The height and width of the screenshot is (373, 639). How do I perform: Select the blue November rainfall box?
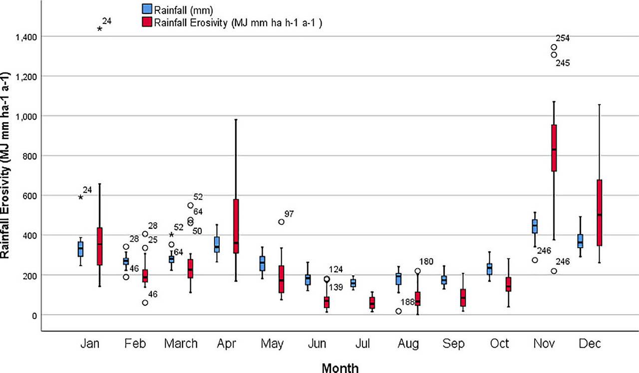click(535, 226)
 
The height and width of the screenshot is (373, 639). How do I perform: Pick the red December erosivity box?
click(599, 213)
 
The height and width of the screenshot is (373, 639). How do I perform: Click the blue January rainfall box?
click(80, 249)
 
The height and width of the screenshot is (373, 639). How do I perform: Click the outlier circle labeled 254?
click(554, 47)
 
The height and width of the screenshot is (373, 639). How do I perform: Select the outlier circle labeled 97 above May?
click(281, 222)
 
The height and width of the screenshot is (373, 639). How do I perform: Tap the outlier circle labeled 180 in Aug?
click(417, 271)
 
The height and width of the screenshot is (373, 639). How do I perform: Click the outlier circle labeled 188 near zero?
click(398, 311)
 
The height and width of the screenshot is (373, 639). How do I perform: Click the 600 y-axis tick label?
click(29, 195)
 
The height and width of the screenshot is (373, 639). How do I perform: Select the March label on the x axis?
click(181, 344)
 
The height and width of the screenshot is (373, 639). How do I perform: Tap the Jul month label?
click(362, 344)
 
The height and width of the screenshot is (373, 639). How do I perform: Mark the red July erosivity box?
click(372, 303)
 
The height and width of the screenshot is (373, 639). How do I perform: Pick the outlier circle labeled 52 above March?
click(190, 205)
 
